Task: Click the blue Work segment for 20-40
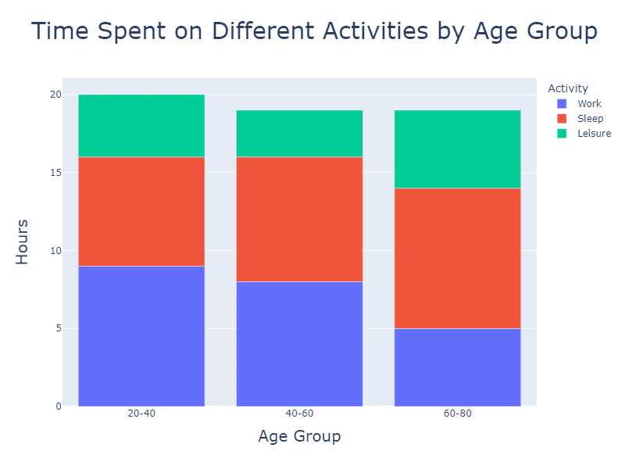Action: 141,336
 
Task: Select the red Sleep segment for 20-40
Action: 141,211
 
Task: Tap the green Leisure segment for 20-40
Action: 141,126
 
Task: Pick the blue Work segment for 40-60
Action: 299,344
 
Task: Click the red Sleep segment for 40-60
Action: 299,219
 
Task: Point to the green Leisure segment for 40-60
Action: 299,134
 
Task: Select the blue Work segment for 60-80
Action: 457,367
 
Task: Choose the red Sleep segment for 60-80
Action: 457,258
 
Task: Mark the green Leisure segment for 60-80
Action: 457,149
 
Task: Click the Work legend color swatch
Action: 561,104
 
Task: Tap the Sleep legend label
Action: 590,119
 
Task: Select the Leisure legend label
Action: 594,134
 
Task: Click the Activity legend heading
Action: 568,88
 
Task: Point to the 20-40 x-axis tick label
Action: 141,414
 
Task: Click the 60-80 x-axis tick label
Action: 457,414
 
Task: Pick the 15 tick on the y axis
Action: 55,173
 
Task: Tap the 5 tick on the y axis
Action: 57,328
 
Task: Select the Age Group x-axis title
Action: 299,436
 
